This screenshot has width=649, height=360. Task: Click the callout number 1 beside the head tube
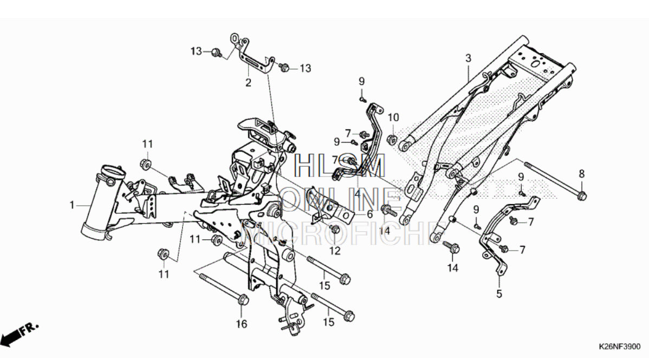[72, 205]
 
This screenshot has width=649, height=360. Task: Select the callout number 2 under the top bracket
[248, 83]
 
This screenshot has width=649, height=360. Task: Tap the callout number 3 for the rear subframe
[468, 58]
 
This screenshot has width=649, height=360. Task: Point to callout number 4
[358, 191]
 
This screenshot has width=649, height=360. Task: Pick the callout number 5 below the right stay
[499, 294]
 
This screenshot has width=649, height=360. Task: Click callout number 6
[369, 214]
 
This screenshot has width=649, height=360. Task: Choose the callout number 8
[582, 174]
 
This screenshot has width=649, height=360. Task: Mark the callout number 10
[393, 117]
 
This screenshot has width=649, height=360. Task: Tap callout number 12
[334, 251]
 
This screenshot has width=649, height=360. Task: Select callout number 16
[242, 324]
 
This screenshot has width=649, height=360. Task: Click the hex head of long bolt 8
[582, 194]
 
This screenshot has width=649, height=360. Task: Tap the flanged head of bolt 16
[242, 299]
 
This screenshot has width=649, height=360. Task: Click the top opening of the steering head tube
[111, 173]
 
